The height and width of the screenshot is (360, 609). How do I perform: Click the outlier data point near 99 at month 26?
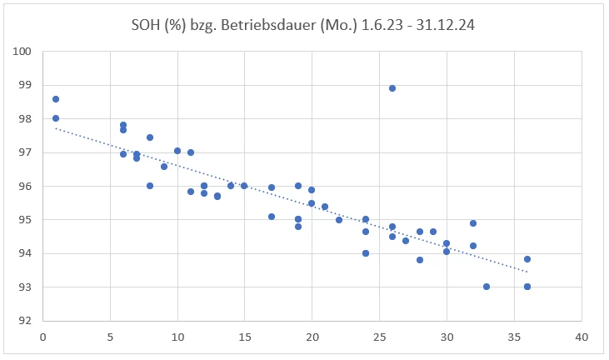point(392,88)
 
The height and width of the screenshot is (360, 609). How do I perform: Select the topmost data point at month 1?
point(56,99)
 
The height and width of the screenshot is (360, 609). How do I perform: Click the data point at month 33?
point(487,287)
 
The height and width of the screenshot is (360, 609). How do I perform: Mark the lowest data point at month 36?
point(527,287)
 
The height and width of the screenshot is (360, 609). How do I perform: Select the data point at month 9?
point(164,167)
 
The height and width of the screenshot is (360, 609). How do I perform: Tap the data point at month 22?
point(339,220)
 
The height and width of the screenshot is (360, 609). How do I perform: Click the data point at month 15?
point(244,186)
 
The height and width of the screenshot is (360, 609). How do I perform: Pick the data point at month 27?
point(406,241)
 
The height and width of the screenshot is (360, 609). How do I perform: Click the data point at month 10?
point(177,151)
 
